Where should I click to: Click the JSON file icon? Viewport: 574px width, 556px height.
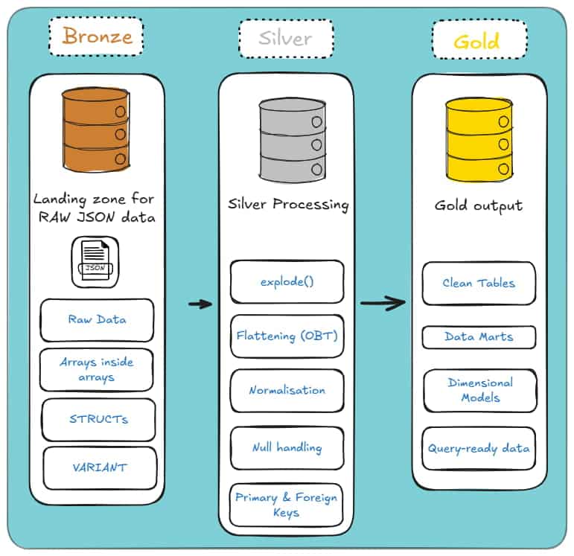click(95, 261)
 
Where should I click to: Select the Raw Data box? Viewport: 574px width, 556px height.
click(97, 320)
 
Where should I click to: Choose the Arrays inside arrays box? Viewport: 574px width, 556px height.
click(97, 370)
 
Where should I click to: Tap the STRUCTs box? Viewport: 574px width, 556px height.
click(98, 420)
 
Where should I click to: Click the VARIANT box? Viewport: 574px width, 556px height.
click(100, 468)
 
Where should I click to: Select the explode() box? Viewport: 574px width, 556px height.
click(287, 282)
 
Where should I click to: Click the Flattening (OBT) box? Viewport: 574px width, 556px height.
click(287, 336)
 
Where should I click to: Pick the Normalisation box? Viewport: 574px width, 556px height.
click(287, 391)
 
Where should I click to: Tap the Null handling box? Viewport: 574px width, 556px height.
click(287, 448)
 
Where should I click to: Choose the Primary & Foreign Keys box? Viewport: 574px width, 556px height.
click(286, 505)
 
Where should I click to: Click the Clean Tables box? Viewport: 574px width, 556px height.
click(479, 284)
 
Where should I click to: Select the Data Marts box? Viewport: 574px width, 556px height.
click(479, 337)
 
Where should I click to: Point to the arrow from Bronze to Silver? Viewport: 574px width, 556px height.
click(200, 304)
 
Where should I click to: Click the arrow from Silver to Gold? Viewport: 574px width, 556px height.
click(383, 303)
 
